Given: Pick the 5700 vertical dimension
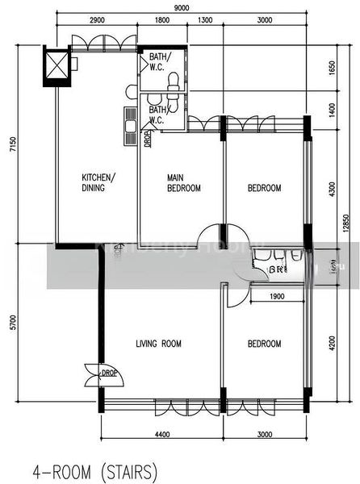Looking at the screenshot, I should point(11,325).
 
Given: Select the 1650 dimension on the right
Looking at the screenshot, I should point(331,68).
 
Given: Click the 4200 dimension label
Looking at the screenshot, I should point(331,350).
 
